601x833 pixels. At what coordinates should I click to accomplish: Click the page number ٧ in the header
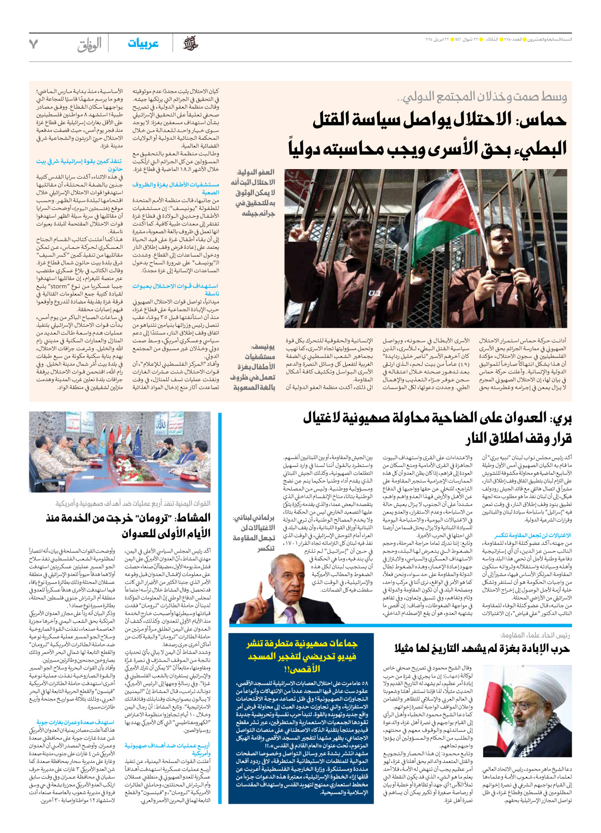tap(33, 44)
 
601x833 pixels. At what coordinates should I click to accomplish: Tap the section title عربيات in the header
tap(143, 44)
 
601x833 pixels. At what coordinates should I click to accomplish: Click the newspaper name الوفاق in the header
tap(89, 45)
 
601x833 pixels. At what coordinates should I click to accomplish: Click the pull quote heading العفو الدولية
tap(256, 172)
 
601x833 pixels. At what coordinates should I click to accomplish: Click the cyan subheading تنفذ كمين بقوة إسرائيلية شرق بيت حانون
tap(79, 165)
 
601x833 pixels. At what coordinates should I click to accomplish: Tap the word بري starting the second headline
tap(561, 418)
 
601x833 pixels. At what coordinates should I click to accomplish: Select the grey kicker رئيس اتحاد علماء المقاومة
tap(535, 635)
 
